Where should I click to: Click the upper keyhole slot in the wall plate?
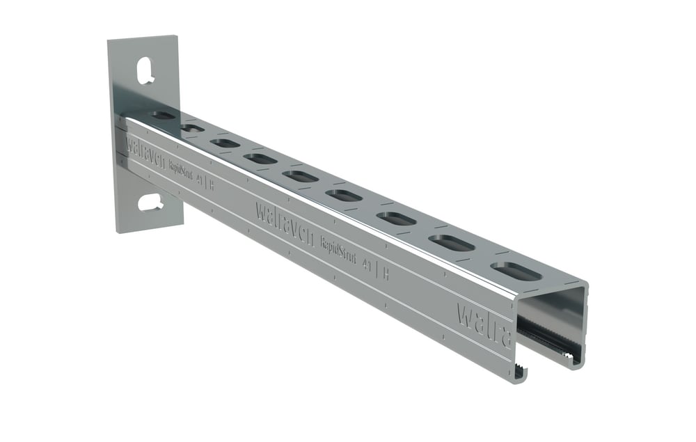[x=145, y=70]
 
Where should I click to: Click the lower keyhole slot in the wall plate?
[x=150, y=203]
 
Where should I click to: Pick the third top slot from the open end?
[x=396, y=219]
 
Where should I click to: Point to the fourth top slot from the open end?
[x=345, y=196]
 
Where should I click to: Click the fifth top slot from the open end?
[x=301, y=176]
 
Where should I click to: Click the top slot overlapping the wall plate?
[x=163, y=115]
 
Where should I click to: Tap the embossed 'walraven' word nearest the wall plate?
[x=145, y=150]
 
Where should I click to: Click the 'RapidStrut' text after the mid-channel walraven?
[x=339, y=249]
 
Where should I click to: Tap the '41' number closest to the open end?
[x=368, y=265]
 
